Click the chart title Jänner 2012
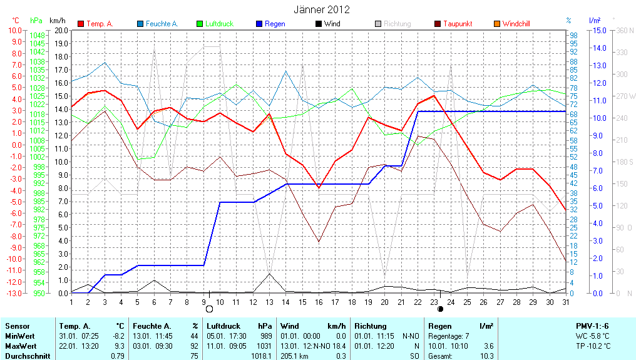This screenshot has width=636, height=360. pos(322,9)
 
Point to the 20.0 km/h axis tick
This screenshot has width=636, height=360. pos(61,30)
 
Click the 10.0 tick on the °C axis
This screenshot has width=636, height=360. pos(14,30)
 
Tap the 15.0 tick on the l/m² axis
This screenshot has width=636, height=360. pos(598,30)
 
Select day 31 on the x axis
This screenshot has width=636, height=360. pos(565,302)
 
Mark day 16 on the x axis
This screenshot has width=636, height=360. pos(319,302)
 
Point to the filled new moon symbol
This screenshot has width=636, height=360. pos(440,309)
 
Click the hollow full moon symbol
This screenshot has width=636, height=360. pos(210,309)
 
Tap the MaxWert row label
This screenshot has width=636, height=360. pos(21,346)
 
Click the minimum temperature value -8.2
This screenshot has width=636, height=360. pos(118,336)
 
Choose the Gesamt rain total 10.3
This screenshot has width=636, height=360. pos(486,356)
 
